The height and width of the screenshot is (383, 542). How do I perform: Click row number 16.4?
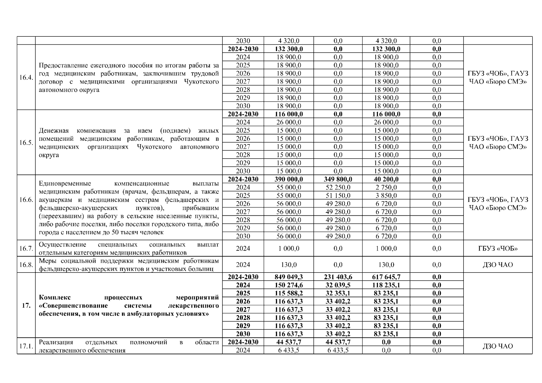coord(26,78)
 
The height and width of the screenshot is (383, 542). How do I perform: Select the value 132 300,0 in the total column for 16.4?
coord(289,49)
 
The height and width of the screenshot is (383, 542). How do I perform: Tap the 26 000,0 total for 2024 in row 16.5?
coord(289,122)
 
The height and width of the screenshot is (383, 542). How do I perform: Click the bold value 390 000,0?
coord(289,179)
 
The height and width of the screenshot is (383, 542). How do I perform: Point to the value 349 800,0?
coord(338,179)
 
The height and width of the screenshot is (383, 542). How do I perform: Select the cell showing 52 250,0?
coord(338,187)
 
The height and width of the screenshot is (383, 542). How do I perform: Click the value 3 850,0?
coord(386,195)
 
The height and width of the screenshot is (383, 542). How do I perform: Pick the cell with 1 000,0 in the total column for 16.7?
coord(289,248)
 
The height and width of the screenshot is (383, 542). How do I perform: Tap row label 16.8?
coord(26,265)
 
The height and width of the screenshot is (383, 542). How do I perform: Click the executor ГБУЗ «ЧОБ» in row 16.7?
coord(498,248)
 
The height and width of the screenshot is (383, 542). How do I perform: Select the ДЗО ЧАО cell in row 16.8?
coord(498,265)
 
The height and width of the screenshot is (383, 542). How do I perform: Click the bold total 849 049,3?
coord(289,277)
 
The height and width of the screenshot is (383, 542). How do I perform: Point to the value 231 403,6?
coord(338,277)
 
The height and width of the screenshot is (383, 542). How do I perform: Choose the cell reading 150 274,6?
coord(289,285)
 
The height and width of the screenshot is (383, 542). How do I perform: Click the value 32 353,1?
coord(338,293)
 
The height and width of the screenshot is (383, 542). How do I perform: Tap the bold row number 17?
coord(26,305)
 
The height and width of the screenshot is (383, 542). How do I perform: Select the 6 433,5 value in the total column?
coord(289,350)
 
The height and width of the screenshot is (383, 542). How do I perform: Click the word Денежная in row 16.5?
coord(54,131)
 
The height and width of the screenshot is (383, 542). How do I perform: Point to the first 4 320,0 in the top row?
coord(289,41)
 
